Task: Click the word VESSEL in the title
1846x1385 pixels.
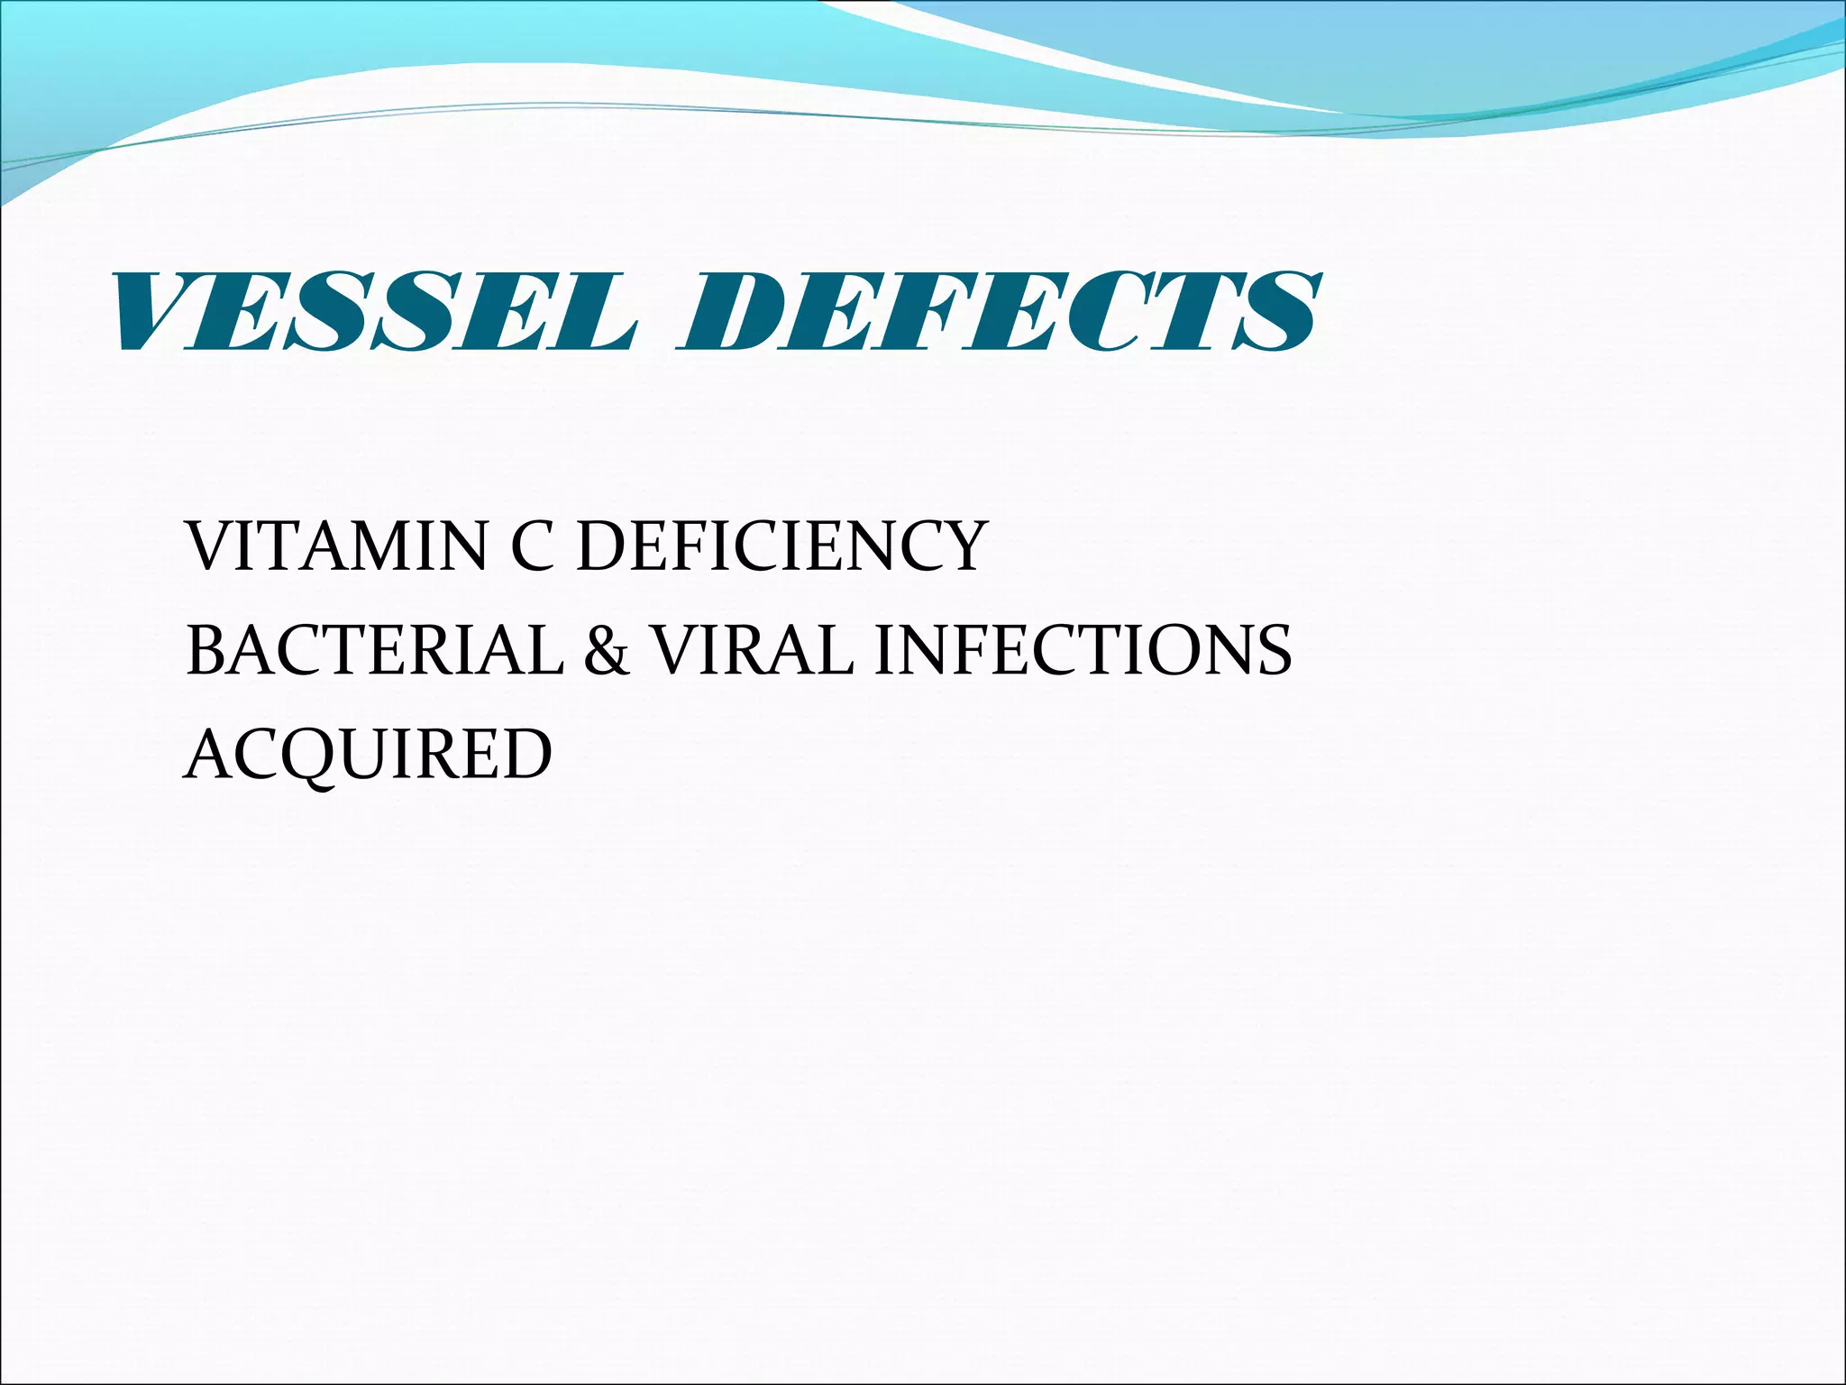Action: click(x=374, y=311)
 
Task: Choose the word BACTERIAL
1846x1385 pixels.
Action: click(x=374, y=650)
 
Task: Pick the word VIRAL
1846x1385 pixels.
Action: click(x=753, y=650)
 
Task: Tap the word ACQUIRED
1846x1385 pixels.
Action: click(x=368, y=754)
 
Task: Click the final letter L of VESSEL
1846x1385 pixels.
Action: click(x=590, y=311)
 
